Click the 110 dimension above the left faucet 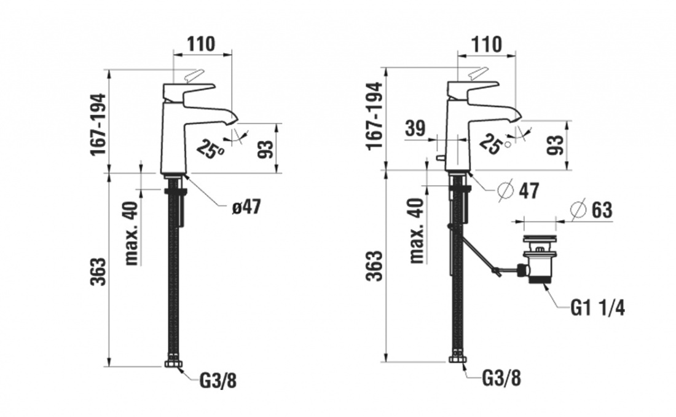click(201, 44)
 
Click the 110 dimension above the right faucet click(487, 44)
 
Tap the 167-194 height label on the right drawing click(374, 115)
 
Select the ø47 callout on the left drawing click(246, 207)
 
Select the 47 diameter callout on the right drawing click(518, 191)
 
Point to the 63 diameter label click(591, 210)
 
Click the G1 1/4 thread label click(597, 308)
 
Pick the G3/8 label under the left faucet click(218, 381)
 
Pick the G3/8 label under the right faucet click(501, 379)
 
